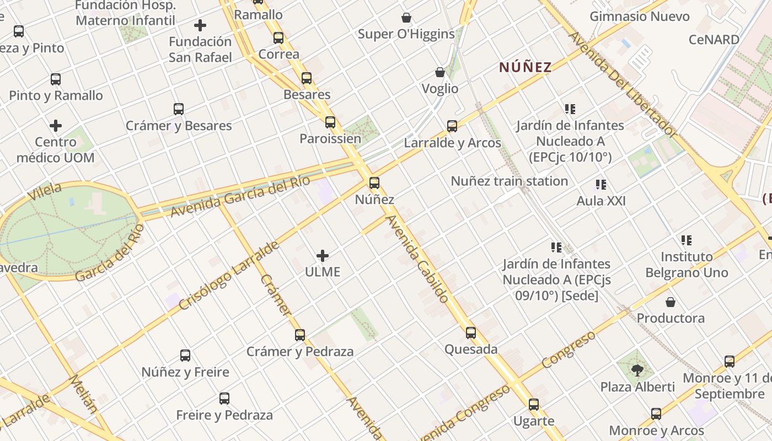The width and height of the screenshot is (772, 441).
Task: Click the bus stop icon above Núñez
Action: [x=374, y=182]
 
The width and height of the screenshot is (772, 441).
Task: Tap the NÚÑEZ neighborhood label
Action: [x=525, y=67]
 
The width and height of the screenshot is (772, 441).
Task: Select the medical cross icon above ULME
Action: [x=323, y=255]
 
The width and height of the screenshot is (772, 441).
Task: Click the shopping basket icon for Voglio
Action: [x=440, y=72]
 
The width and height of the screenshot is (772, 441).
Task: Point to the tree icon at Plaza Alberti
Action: [x=637, y=370]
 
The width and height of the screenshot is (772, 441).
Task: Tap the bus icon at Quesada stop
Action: [x=470, y=332]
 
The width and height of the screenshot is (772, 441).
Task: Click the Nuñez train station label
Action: [x=509, y=181]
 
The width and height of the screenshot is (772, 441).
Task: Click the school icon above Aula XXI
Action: [x=601, y=185]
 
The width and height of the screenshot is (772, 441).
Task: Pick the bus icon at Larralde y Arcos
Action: [x=452, y=126]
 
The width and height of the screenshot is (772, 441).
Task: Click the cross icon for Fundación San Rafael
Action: [x=200, y=25]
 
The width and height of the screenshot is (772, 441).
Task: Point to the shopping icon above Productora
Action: [x=671, y=302]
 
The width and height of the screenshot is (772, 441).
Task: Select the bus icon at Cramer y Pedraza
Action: [x=299, y=335]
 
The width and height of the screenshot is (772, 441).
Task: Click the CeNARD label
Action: [x=714, y=40]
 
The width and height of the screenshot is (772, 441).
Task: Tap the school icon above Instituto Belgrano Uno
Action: [x=686, y=240]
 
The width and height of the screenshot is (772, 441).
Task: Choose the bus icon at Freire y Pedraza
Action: [x=224, y=398]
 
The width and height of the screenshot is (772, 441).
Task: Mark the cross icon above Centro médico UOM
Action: [x=56, y=126]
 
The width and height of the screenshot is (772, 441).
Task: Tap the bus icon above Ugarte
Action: [x=533, y=405]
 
